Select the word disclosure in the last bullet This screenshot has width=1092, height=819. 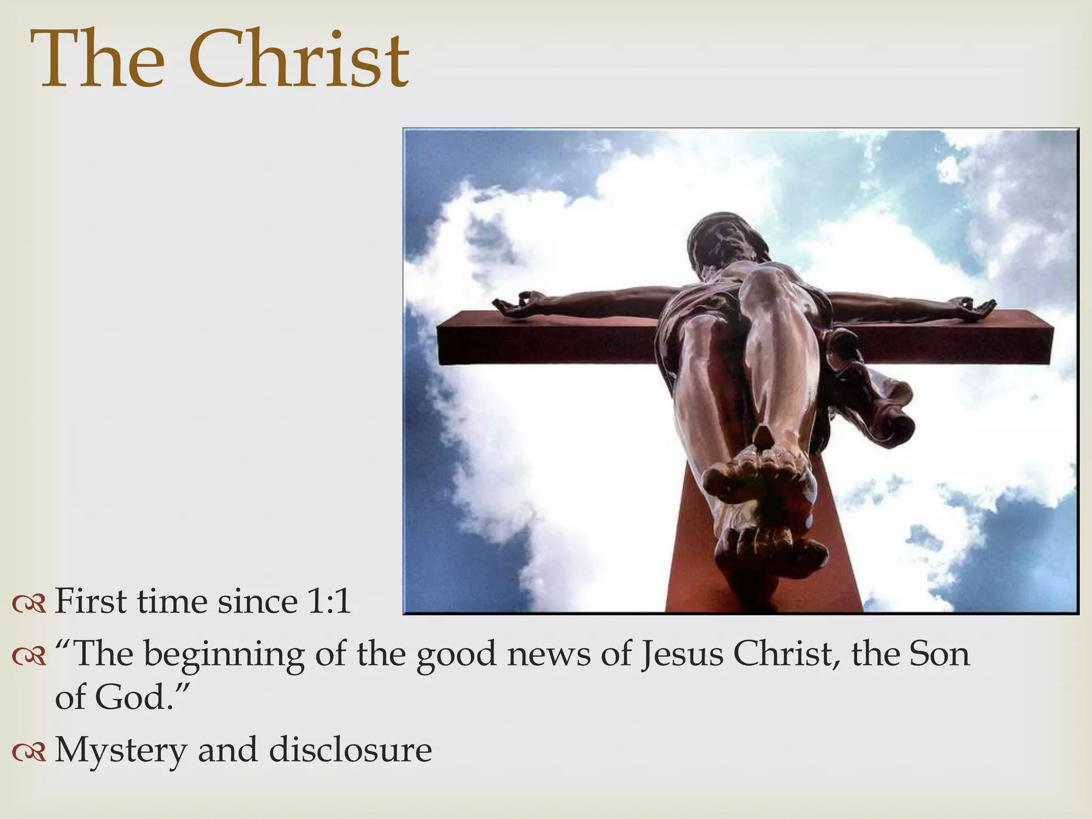[x=350, y=749]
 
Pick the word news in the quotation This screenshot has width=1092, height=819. [x=549, y=655]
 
